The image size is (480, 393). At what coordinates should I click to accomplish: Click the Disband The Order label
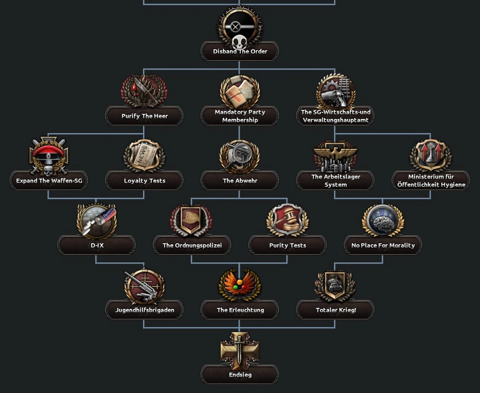(240, 51)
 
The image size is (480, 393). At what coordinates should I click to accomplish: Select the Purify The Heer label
(144, 116)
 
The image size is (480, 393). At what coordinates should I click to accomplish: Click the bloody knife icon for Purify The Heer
(144, 91)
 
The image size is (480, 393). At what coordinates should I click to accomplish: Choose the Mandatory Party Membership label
(240, 116)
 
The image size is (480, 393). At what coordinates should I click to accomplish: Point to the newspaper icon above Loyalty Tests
(144, 156)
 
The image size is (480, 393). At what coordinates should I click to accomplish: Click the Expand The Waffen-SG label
(49, 181)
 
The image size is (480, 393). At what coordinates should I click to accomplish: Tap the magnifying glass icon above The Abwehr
(240, 156)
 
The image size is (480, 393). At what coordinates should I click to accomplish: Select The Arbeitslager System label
(336, 181)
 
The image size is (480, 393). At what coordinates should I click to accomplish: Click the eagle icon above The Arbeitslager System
(336, 156)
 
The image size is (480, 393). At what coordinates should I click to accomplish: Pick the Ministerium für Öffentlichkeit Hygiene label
(431, 181)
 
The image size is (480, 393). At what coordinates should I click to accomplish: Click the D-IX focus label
(96, 245)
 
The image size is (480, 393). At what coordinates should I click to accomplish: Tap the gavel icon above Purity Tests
(288, 220)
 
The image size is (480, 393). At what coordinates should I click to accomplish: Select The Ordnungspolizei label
(192, 245)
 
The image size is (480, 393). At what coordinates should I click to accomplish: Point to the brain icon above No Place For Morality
(383, 220)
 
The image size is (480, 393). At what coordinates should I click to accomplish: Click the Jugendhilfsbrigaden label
(144, 310)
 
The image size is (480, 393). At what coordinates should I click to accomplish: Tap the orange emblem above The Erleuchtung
(240, 285)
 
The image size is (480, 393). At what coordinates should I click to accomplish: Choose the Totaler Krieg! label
(336, 310)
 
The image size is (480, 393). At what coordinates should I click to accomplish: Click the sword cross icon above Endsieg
(240, 349)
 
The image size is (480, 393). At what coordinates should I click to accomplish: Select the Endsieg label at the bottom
(240, 375)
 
